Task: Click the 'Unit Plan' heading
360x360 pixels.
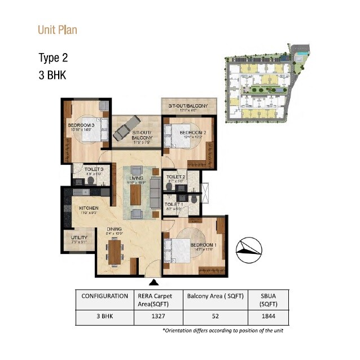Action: pyautogui.click(x=57, y=29)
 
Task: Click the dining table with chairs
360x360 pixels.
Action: pyautogui.click(x=115, y=252)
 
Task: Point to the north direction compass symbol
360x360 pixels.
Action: pyautogui.click(x=249, y=249)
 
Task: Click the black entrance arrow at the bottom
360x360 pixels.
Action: pyautogui.click(x=155, y=282)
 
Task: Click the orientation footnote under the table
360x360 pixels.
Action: pyautogui.click(x=222, y=331)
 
